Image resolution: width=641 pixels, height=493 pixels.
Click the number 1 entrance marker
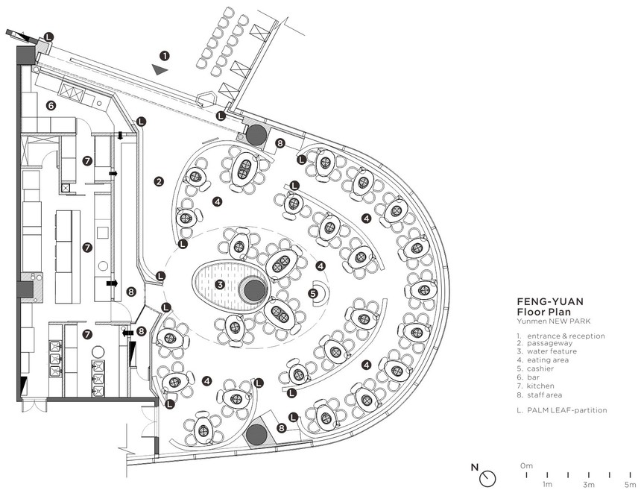(x=164, y=56)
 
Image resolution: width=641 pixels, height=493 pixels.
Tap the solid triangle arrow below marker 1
(x=160, y=69)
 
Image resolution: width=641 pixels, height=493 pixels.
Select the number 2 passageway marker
(x=159, y=182)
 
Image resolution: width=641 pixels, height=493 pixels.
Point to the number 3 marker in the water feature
(x=220, y=284)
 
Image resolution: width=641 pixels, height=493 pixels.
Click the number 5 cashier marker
(x=313, y=293)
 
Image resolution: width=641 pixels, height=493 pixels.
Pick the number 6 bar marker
(x=51, y=106)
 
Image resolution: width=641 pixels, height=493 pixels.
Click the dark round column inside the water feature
(x=254, y=290)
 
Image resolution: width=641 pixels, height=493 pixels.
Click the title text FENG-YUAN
(x=550, y=301)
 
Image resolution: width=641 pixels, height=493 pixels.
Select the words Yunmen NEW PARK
(x=554, y=321)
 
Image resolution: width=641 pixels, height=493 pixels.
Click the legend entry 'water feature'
(x=552, y=351)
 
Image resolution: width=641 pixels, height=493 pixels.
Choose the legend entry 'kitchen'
(x=540, y=386)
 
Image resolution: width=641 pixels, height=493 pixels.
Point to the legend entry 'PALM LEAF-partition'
(x=567, y=410)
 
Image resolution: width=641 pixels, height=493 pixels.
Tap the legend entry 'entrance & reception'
(x=566, y=336)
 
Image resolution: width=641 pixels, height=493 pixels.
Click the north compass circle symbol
(x=487, y=478)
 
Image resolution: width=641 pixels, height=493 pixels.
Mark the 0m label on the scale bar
(x=526, y=465)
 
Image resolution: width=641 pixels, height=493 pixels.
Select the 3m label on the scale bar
(x=588, y=485)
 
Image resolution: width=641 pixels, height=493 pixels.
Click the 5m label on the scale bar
(x=630, y=485)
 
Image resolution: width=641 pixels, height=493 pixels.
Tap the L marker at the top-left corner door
(x=48, y=37)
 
